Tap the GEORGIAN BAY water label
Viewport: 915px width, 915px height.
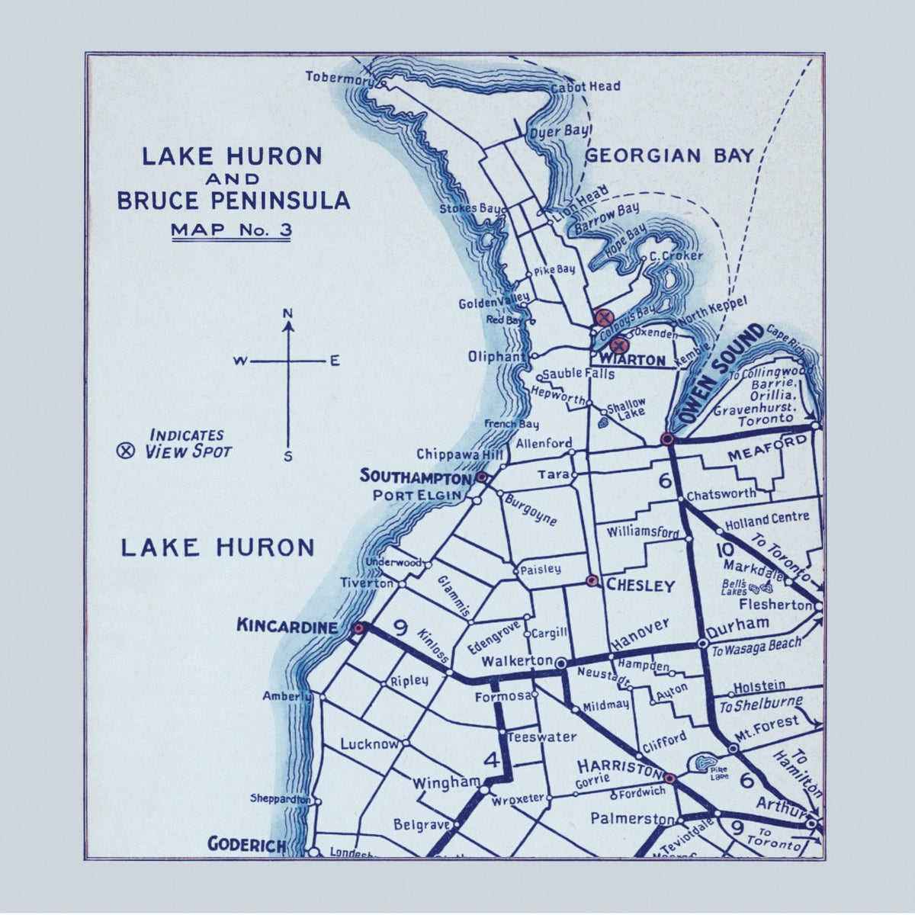(x=669, y=156)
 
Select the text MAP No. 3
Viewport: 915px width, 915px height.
(x=231, y=229)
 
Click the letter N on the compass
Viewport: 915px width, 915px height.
(x=288, y=313)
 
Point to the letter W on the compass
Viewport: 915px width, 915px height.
(x=239, y=361)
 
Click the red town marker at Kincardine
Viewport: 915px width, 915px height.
(x=358, y=628)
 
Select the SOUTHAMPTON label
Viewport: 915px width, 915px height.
(x=416, y=477)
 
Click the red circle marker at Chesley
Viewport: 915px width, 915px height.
(x=592, y=581)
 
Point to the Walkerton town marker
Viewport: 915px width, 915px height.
(x=561, y=663)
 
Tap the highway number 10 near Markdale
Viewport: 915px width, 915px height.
(x=724, y=551)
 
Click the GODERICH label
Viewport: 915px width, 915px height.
(x=247, y=845)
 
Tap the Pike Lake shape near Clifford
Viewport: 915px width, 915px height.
(x=702, y=762)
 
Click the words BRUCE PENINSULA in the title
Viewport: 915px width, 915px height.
(x=233, y=201)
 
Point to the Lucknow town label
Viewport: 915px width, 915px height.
(x=370, y=743)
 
